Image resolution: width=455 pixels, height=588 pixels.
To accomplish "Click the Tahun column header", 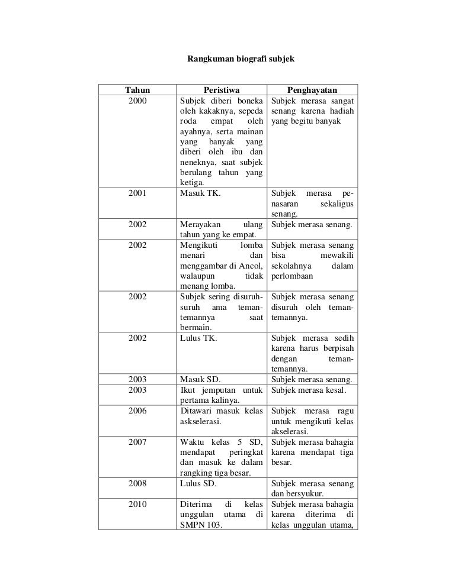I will (x=136, y=90).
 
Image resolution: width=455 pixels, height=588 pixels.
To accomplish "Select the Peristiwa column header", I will (x=221, y=90).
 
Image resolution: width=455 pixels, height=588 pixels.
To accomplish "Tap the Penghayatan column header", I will (x=312, y=90).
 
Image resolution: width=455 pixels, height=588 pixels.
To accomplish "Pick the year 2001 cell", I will (x=136, y=193).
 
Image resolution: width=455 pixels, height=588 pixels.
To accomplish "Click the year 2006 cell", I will (x=136, y=411).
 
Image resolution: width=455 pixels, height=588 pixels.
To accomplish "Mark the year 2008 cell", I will (x=136, y=483).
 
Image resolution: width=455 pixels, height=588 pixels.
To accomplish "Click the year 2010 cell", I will (x=136, y=504).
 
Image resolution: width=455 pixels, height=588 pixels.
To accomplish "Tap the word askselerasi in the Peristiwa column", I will (x=201, y=421).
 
